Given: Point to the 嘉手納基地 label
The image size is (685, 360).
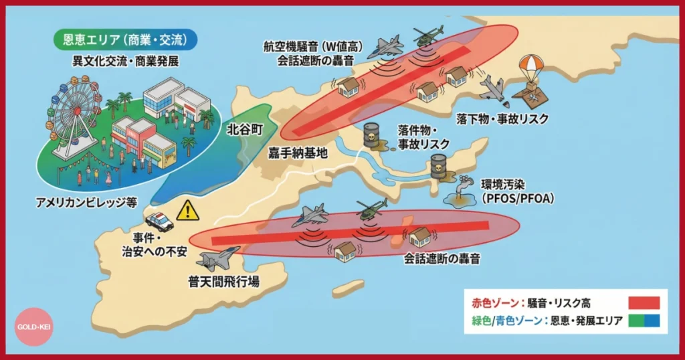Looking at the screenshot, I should tap(298, 153).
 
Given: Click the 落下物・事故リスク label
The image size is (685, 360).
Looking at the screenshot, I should tap(502, 118).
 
